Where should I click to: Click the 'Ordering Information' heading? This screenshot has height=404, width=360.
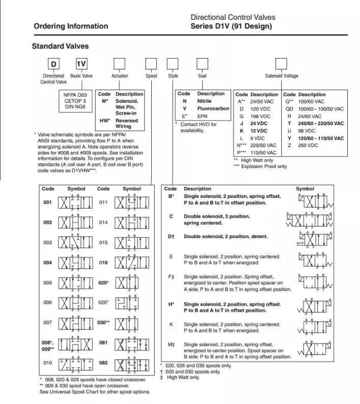[x=71, y=26]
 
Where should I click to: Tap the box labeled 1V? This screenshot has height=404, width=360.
[x=81, y=64]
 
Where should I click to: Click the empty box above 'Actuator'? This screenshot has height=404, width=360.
[x=119, y=64]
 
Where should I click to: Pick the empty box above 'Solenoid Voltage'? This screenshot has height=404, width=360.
[x=281, y=64]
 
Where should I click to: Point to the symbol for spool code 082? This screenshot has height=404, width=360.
[x=131, y=363]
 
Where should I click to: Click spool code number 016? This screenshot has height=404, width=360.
[x=103, y=263]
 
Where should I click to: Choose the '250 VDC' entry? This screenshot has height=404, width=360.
[x=307, y=146]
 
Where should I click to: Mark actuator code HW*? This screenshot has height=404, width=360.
[x=105, y=121]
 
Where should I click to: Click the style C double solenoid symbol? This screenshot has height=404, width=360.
[x=311, y=219]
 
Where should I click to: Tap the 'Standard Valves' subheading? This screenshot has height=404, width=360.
[x=60, y=46]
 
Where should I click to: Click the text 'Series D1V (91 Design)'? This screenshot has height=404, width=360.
[x=231, y=26]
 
